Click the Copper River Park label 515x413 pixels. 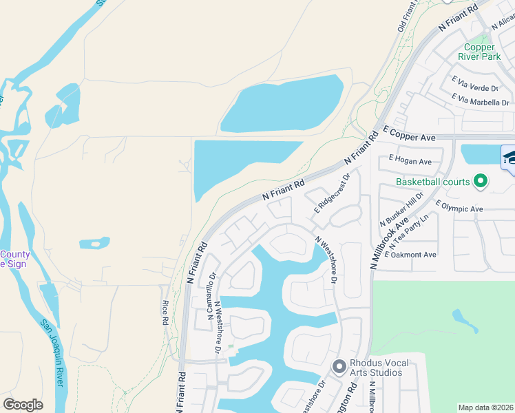coord(480,52)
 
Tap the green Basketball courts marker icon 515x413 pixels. coord(481,182)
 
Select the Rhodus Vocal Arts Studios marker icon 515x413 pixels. coord(339,367)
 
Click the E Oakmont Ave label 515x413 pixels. coord(411,255)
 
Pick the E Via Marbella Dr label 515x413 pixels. coord(480,100)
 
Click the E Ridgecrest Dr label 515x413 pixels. coord(333,192)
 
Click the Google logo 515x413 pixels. coord(23,405)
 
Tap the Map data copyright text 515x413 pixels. coord(485,407)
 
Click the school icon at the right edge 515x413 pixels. coord(509,158)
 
